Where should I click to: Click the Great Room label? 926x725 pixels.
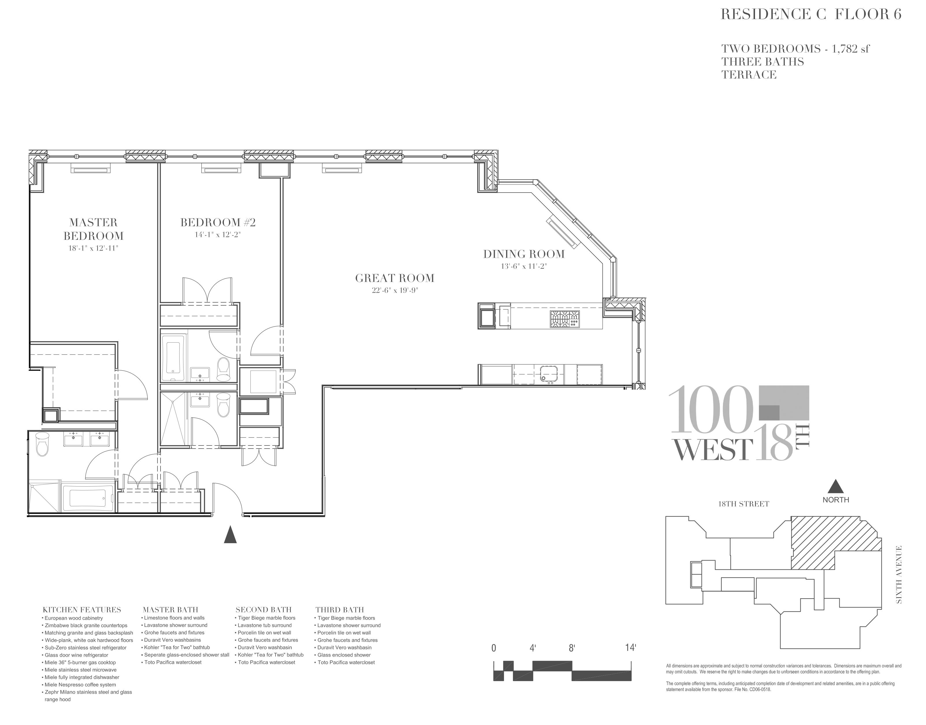[395, 278]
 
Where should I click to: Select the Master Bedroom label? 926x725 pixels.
[94, 229]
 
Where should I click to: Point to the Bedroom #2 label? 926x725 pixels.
[218, 223]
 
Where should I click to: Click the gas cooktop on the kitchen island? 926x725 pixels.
[564, 319]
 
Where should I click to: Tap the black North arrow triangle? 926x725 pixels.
[835, 486]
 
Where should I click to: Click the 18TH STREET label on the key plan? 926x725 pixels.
[743, 504]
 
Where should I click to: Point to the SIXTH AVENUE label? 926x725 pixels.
[898, 574]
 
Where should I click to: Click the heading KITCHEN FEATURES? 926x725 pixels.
[82, 610]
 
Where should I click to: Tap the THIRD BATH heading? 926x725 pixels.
[340, 610]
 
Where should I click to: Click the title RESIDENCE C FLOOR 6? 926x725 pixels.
[811, 14]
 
